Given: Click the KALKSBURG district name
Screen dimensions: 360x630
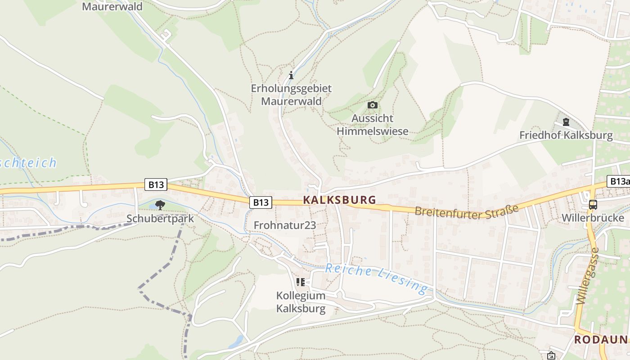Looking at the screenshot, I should click(x=339, y=200).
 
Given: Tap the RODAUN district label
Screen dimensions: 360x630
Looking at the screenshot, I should click(x=601, y=340).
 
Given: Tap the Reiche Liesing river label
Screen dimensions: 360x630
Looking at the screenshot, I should click(x=376, y=278).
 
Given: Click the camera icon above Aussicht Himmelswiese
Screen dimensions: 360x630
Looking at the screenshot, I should click(x=373, y=105).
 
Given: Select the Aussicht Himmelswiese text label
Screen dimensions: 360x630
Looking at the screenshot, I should click(x=373, y=125).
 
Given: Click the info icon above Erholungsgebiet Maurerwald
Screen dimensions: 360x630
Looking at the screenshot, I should click(x=291, y=75).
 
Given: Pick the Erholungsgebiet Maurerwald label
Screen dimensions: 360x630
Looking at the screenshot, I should click(x=291, y=95).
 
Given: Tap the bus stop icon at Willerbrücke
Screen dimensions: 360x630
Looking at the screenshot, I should click(x=593, y=205).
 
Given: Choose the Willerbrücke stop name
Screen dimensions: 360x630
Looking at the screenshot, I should click(x=593, y=218).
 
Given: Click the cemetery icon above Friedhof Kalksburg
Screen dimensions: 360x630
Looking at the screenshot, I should click(x=566, y=122).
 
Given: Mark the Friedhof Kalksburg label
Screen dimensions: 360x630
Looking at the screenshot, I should click(x=566, y=135).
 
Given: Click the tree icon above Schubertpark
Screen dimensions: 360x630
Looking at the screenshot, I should click(x=160, y=205).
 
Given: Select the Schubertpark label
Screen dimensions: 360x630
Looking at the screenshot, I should click(x=160, y=219).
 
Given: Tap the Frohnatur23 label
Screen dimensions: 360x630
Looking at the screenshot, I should click(x=285, y=225).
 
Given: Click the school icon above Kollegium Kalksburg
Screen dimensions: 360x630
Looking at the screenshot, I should click(x=301, y=282).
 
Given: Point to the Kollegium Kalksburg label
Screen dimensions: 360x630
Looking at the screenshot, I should click(x=301, y=302).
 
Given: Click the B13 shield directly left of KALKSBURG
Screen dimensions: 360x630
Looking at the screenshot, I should click(x=261, y=202).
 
